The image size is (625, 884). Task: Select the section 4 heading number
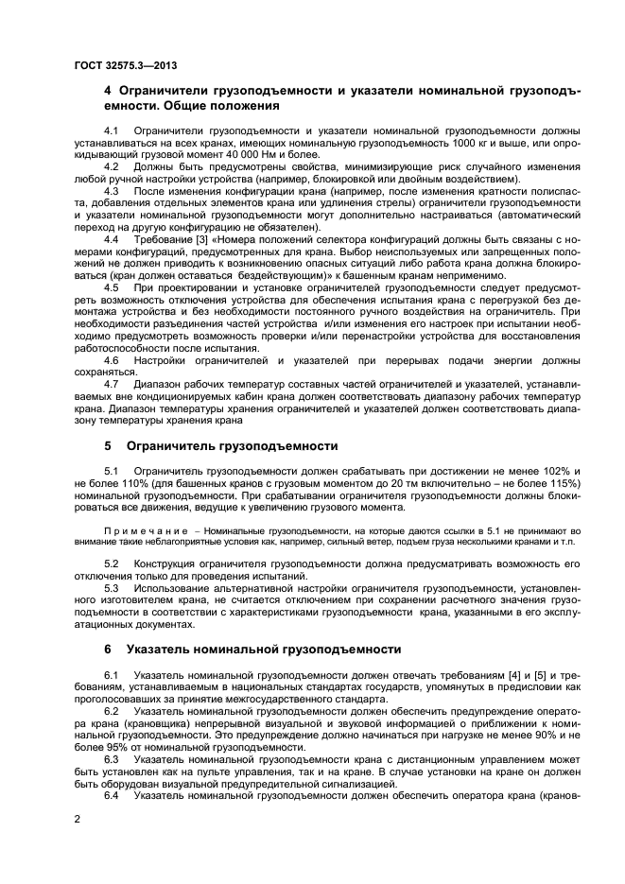pos(108,91)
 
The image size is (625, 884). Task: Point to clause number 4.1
pos(112,129)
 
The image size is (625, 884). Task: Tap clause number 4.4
pos(112,240)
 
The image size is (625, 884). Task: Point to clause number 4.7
pos(112,382)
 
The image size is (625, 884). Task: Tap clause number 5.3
pos(112,588)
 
